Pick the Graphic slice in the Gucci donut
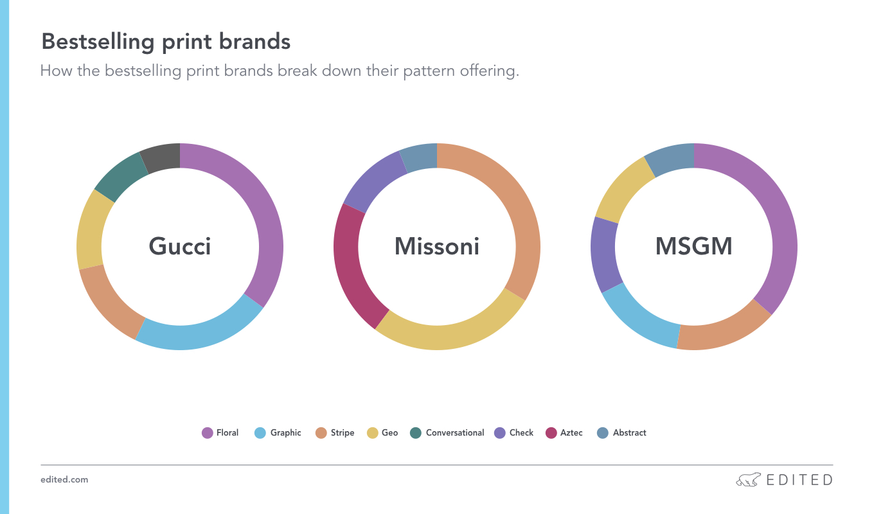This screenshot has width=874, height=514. pyautogui.click(x=199, y=336)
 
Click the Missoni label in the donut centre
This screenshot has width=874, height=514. pyautogui.click(x=437, y=247)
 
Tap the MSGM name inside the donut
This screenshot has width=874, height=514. pyautogui.click(x=694, y=247)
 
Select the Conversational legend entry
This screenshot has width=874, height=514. pyautogui.click(x=447, y=433)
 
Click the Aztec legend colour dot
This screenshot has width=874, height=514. pyautogui.click(x=551, y=433)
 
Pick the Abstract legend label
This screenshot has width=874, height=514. pyautogui.click(x=629, y=433)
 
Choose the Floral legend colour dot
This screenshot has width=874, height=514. pyautogui.click(x=207, y=433)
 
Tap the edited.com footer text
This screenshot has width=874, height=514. pyautogui.click(x=64, y=480)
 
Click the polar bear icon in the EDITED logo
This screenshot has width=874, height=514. pyautogui.click(x=748, y=480)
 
